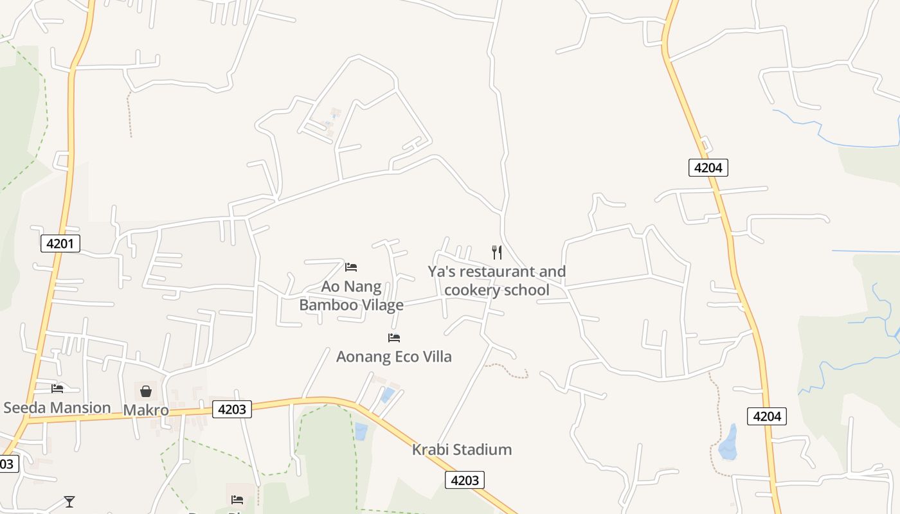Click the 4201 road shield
tap(60, 244)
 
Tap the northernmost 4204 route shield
tap(708, 168)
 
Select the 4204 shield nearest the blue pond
tap(766, 416)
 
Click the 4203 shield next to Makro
tap(231, 409)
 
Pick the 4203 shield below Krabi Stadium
tap(464, 480)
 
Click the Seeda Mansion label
tap(57, 407)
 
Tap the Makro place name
tap(146, 410)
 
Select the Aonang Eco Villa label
tap(393, 356)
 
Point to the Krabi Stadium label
tap(462, 449)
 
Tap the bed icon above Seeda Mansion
tap(57, 388)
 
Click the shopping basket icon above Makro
tap(146, 391)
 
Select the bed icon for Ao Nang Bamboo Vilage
tap(351, 267)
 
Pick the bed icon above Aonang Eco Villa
tap(394, 337)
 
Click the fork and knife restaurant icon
tap(496, 252)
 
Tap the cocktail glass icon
tap(69, 501)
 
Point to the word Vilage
tap(382, 305)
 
